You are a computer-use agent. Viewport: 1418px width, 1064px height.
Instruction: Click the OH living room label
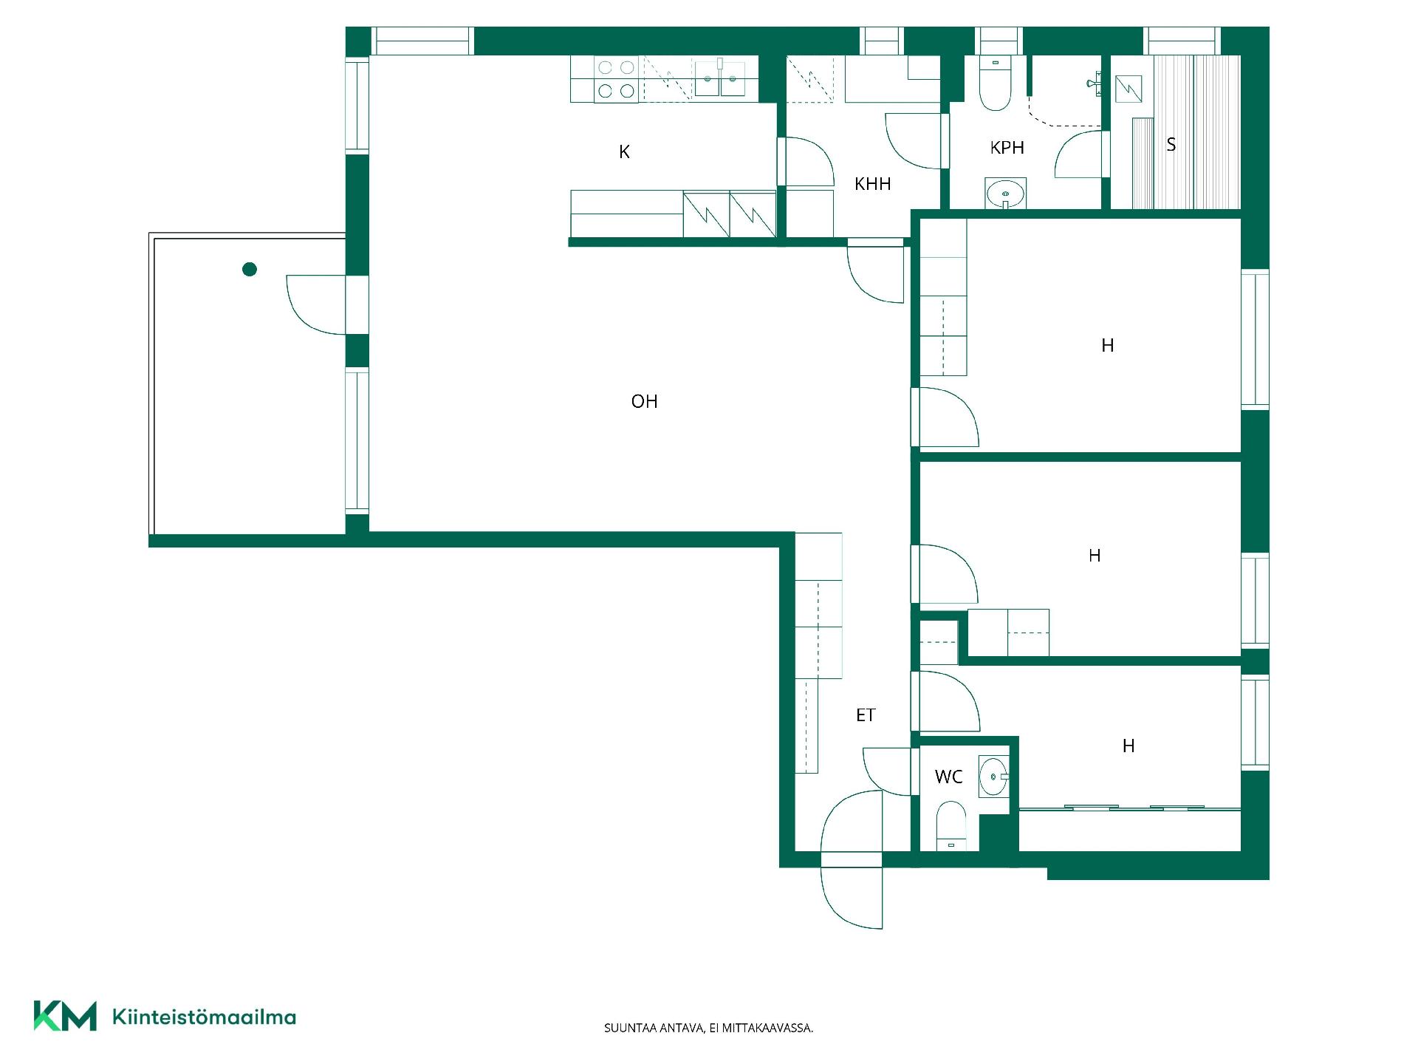point(644,401)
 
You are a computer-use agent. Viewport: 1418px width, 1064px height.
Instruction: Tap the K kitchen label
point(624,152)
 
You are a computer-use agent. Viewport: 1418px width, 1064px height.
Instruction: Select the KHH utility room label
point(872,184)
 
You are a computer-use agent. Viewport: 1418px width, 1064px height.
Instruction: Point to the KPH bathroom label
point(1007,148)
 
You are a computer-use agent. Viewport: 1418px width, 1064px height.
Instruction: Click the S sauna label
point(1171,145)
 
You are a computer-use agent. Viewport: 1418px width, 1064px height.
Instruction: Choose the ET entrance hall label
point(866,715)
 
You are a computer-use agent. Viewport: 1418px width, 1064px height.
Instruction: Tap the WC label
point(948,777)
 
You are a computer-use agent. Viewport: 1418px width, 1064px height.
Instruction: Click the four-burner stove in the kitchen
point(616,79)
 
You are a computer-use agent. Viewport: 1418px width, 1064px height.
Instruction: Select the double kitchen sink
point(720,78)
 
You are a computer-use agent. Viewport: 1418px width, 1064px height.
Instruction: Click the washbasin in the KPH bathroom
point(1005,194)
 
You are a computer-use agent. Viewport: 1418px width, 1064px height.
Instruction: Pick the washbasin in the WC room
point(993,777)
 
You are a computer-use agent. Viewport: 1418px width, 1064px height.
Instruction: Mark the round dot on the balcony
point(250,270)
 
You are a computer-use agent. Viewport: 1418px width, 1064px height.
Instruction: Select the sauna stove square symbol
point(1128,89)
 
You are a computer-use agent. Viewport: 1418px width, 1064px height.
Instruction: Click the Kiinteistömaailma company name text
point(204,1017)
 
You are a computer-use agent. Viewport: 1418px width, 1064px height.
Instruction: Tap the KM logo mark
point(65,1016)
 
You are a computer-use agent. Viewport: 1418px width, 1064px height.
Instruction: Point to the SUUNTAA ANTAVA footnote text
point(708,1028)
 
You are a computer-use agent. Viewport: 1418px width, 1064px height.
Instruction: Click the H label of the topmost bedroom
point(1107,345)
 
